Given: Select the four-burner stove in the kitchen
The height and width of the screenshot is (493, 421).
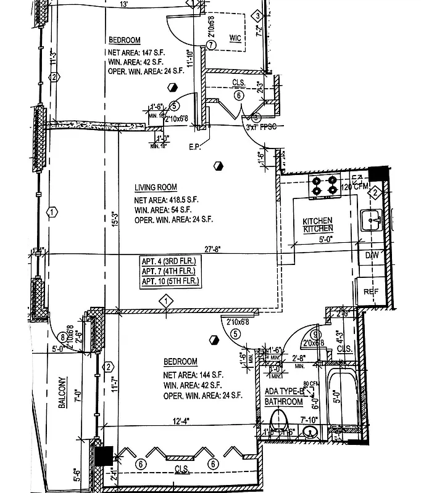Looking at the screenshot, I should tap(325, 185).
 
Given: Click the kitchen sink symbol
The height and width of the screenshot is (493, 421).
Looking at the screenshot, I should tap(372, 218).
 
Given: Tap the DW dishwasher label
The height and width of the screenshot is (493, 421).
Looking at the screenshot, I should tap(371, 255).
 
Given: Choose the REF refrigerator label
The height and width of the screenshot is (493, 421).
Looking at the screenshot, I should tap(370, 291).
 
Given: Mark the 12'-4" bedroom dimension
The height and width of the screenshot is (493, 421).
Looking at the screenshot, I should tap(180, 422).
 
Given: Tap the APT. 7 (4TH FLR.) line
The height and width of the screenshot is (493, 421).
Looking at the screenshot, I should tap(168, 271).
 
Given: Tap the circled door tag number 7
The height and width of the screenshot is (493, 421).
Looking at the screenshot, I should tap(211, 45).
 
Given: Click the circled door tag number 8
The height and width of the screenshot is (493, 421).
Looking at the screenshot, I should tap(62, 337).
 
